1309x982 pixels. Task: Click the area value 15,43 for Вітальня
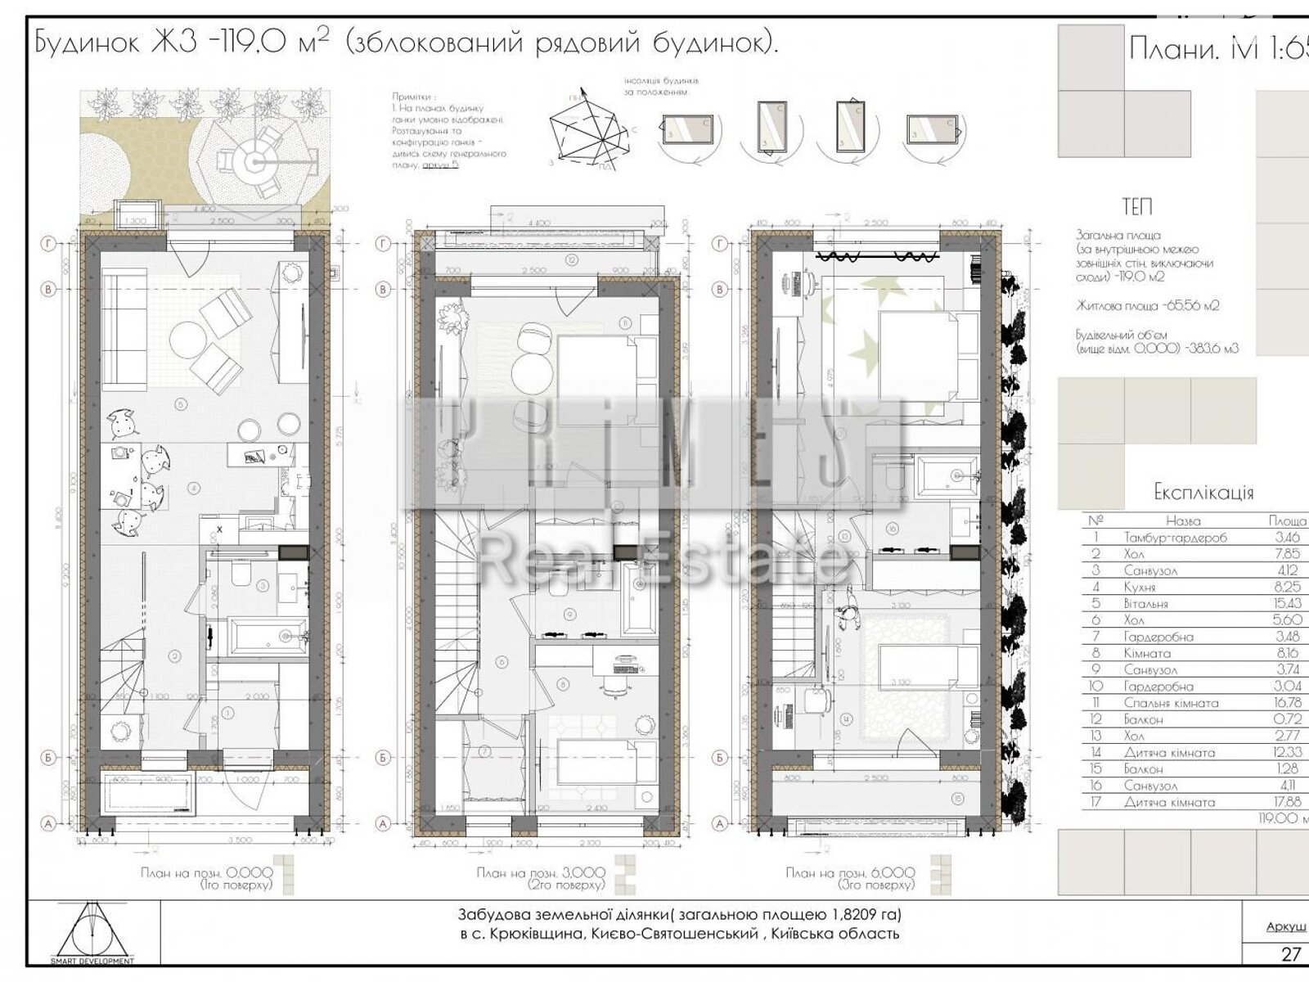[x=1286, y=604]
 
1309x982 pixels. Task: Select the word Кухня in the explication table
[x=1140, y=588]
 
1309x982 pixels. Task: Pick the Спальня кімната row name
[x=1171, y=703]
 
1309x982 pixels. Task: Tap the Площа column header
[x=1286, y=520]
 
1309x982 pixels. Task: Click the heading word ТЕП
[x=1137, y=208]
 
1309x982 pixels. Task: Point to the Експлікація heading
[x=1203, y=492]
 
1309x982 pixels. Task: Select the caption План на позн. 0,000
[x=205, y=873]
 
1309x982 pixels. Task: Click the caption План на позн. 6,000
[x=849, y=873]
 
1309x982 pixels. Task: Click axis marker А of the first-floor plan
[x=48, y=824]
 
